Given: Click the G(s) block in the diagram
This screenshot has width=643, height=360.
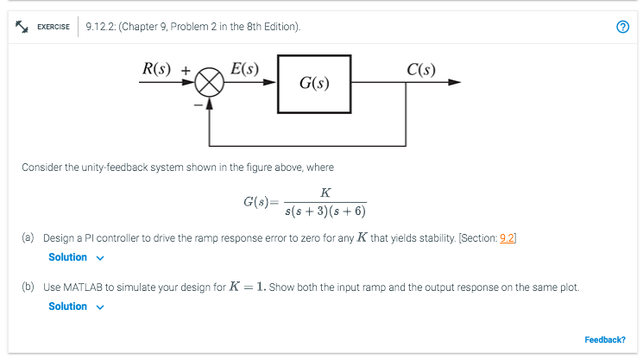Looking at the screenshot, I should click(313, 84).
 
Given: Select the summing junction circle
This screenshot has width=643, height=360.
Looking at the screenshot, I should click(208, 84).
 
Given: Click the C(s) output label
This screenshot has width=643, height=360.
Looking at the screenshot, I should click(426, 68).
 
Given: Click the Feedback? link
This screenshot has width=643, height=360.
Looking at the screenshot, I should click(605, 339).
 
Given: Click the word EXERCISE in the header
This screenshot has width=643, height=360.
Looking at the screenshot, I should click(54, 27).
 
